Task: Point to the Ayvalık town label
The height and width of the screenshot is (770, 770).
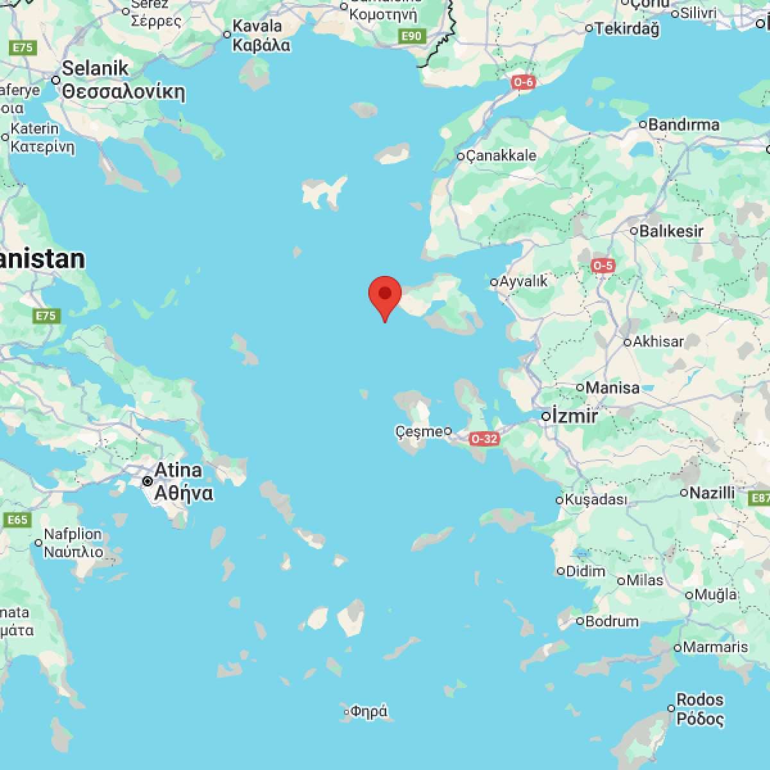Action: (524, 281)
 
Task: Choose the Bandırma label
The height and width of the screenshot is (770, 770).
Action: (683, 124)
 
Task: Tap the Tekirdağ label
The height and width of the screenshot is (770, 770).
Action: (627, 28)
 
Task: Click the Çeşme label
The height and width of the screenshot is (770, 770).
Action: (420, 431)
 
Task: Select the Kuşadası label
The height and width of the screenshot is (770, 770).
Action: (595, 499)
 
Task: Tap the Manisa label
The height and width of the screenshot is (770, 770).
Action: (612, 388)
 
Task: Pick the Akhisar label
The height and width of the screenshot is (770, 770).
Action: (658, 341)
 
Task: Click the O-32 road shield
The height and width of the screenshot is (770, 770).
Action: (484, 439)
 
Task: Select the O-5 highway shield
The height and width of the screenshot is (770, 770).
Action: (603, 265)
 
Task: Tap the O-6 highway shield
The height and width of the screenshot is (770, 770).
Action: (523, 82)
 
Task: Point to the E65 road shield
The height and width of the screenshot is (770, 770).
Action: (17, 519)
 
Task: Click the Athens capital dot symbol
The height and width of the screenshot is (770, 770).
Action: (148, 481)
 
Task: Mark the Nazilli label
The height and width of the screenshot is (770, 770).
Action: (712, 493)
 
